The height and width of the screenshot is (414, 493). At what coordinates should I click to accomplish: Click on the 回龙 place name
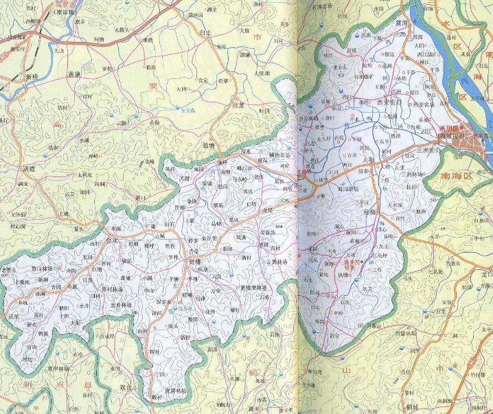[x=238, y=106]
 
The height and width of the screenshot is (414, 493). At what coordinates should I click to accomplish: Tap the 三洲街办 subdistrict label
[x=430, y=150]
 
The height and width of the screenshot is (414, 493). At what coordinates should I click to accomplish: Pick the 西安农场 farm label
[x=423, y=105]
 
